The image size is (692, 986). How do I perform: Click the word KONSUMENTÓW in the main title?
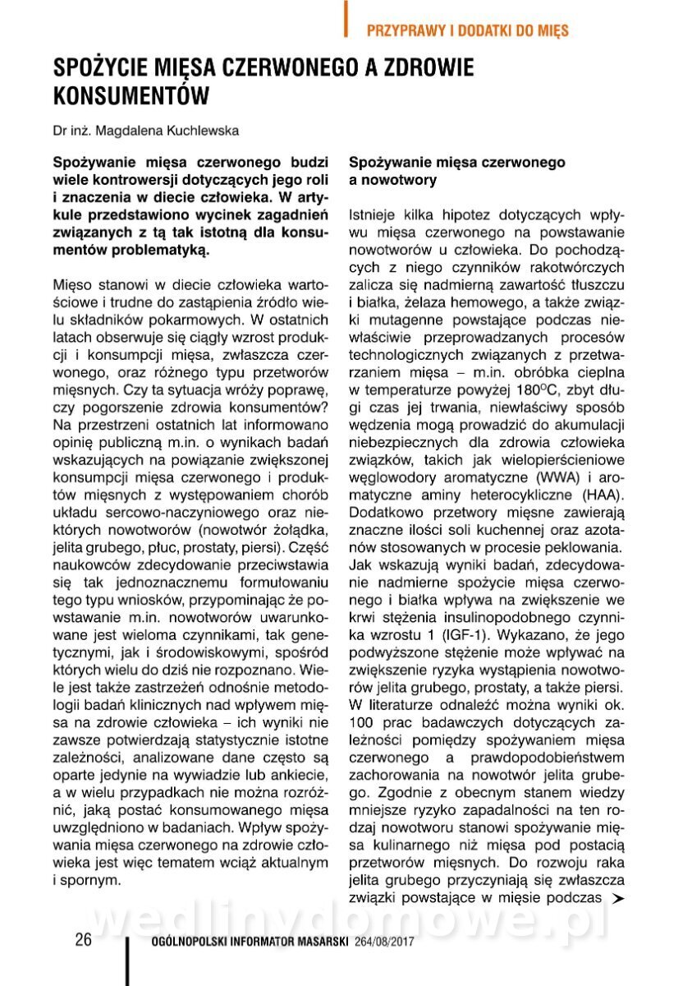tap(130, 95)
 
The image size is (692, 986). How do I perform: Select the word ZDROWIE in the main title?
tap(426, 67)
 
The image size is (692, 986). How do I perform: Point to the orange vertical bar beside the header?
tap(346, 18)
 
